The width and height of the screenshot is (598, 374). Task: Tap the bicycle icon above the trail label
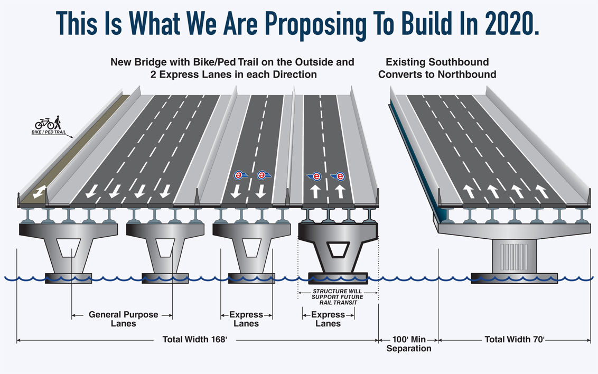click(44, 124)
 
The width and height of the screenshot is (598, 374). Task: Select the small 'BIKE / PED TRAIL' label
click(49, 132)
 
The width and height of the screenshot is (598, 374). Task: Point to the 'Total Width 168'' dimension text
click(194, 339)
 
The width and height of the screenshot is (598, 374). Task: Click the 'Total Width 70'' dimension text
click(514, 340)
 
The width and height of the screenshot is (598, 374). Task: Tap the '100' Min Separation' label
click(408, 344)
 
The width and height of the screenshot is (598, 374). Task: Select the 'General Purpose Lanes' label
click(123, 319)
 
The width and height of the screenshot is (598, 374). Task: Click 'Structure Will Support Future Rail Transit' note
click(338, 297)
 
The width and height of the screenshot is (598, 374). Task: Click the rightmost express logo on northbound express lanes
click(338, 176)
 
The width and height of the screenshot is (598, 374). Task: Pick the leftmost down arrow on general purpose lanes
click(89, 193)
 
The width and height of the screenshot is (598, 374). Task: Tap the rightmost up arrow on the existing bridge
click(540, 191)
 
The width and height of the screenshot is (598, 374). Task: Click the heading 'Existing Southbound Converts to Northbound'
click(437, 68)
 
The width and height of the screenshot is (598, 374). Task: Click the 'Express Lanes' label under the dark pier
click(328, 319)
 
